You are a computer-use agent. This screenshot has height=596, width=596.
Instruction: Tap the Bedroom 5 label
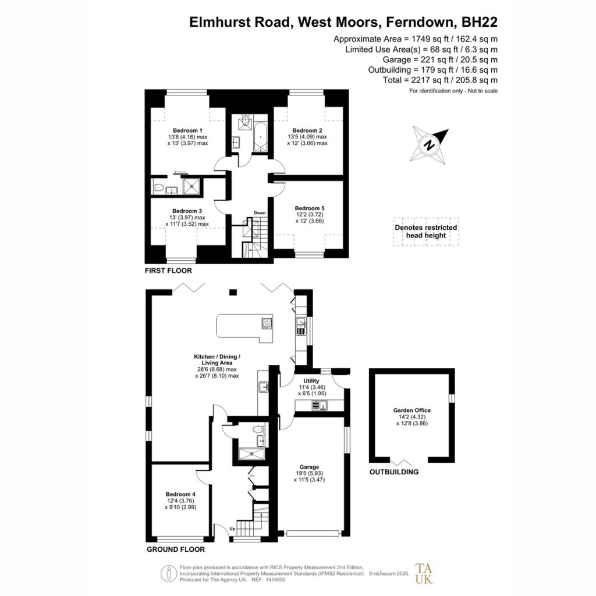pos(310,208)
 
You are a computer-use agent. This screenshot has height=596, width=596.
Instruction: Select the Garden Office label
pos(412,410)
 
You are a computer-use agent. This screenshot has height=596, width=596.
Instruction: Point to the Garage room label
pos(309,467)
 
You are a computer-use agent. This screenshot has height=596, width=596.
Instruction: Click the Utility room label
pos(311,381)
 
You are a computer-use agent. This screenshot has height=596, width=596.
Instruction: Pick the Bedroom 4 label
pos(180,494)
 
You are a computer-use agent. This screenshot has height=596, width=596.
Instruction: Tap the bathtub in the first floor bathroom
pos(260,137)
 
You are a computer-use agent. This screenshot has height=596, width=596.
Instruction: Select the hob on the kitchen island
pos(267,323)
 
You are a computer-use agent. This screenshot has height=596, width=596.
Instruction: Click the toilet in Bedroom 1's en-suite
pos(158,187)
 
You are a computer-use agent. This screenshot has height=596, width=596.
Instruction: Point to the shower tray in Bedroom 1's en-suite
pos(191,186)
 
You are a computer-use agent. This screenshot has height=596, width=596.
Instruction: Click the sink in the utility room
pos(320,406)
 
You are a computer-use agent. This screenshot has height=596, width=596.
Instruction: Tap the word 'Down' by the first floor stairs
pos(260,213)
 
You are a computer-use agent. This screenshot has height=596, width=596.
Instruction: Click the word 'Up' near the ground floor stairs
pos(232,528)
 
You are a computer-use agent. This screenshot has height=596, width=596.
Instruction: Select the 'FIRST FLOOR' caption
pos(168,271)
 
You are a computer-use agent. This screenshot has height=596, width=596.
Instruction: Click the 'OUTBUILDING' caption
pos(394,472)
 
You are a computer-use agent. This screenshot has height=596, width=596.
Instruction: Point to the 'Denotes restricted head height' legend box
pos(426,232)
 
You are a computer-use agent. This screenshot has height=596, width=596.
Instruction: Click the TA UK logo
pos(424,573)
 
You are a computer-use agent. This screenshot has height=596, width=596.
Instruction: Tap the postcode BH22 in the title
pos(480,22)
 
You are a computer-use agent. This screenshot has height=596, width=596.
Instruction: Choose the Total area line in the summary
pos(440,80)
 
